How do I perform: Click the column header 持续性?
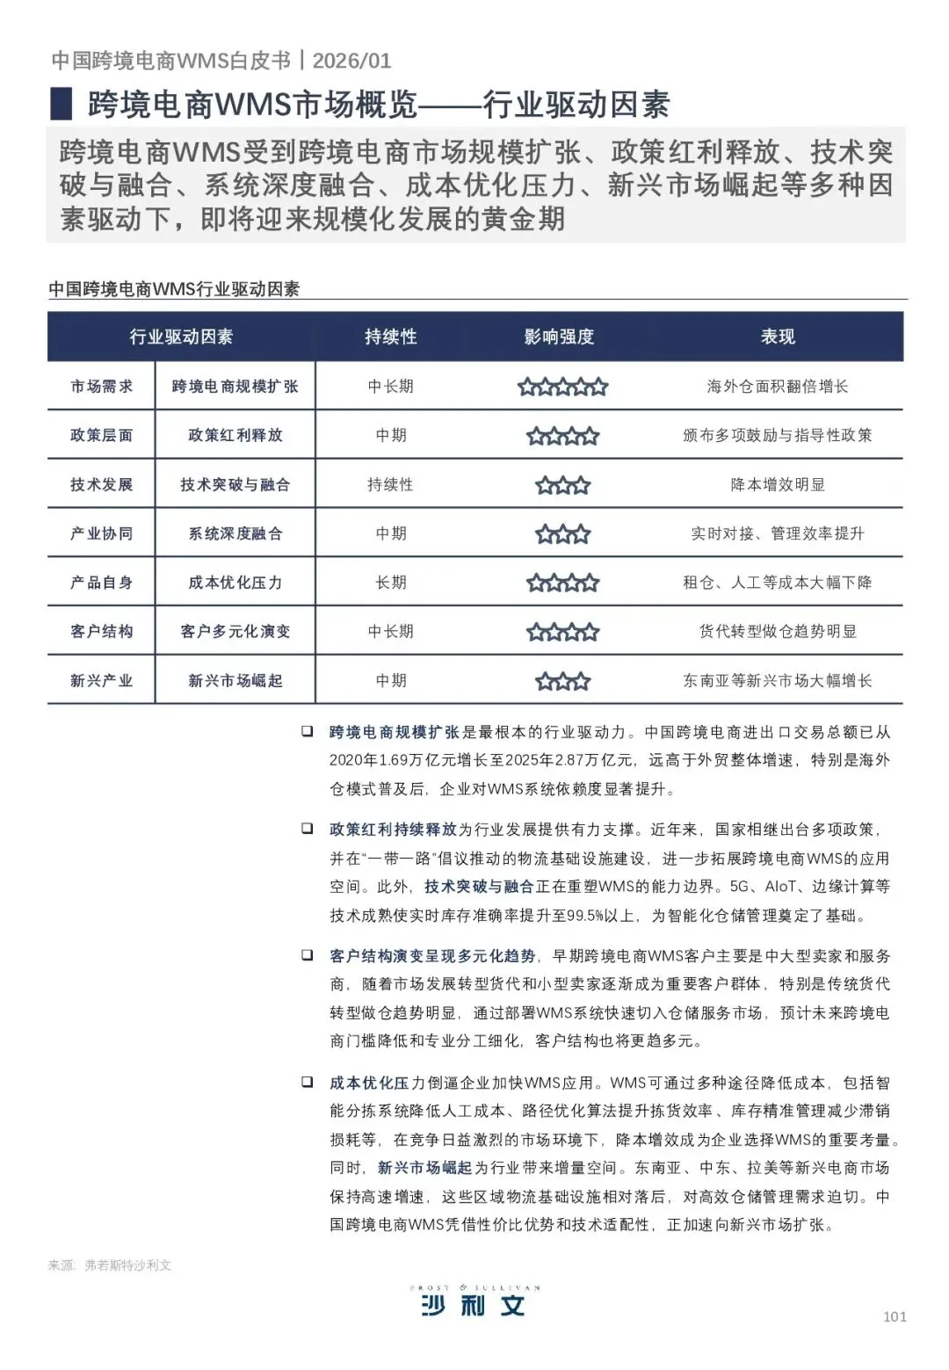coord(391,337)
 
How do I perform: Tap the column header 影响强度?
coord(560,337)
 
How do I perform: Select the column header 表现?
coord(778,337)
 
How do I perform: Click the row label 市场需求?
coord(102,387)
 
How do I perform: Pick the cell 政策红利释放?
coord(235,435)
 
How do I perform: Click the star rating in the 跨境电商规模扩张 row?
coord(562,387)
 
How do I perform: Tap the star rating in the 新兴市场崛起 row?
coord(562,681)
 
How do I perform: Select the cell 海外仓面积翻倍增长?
coord(778,387)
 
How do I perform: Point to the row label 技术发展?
coord(102,484)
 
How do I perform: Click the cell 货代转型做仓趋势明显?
coord(778,631)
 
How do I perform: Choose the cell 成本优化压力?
coord(235,583)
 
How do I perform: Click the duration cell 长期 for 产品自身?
coord(391,583)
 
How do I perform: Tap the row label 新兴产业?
coord(102,680)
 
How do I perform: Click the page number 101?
coord(895,1316)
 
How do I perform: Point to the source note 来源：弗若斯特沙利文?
coord(110,1265)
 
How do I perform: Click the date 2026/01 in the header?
coord(351,61)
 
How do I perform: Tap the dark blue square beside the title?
coord(61,104)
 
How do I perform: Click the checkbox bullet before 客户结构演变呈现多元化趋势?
coord(307,954)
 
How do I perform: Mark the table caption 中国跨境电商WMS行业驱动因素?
coord(174,289)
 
